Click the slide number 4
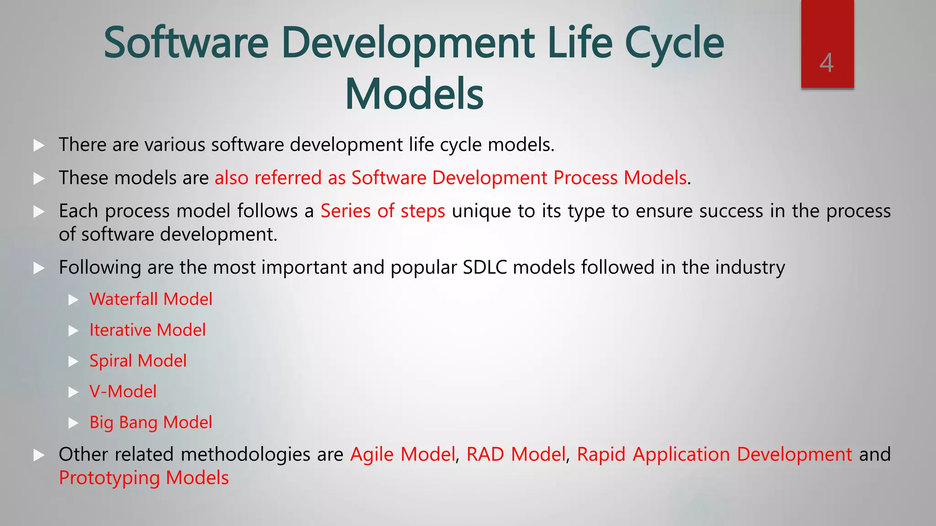point(826,63)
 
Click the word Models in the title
point(414,94)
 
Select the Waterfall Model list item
point(151,300)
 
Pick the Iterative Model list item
point(148,330)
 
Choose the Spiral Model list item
point(138,361)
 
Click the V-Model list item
point(123,392)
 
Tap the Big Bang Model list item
point(151,423)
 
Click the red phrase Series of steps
point(383,211)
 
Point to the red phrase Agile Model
point(403,455)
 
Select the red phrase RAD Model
point(516,455)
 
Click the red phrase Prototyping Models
point(144,478)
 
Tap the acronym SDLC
point(484,268)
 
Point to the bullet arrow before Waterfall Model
point(74,300)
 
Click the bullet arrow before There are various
point(39,146)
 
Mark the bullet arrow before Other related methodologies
point(39,455)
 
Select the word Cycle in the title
point(674,43)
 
